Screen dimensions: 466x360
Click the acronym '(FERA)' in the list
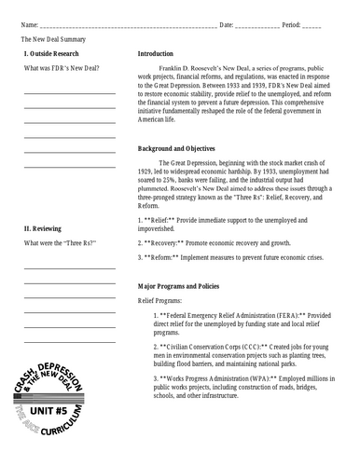click(x=280, y=317)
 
